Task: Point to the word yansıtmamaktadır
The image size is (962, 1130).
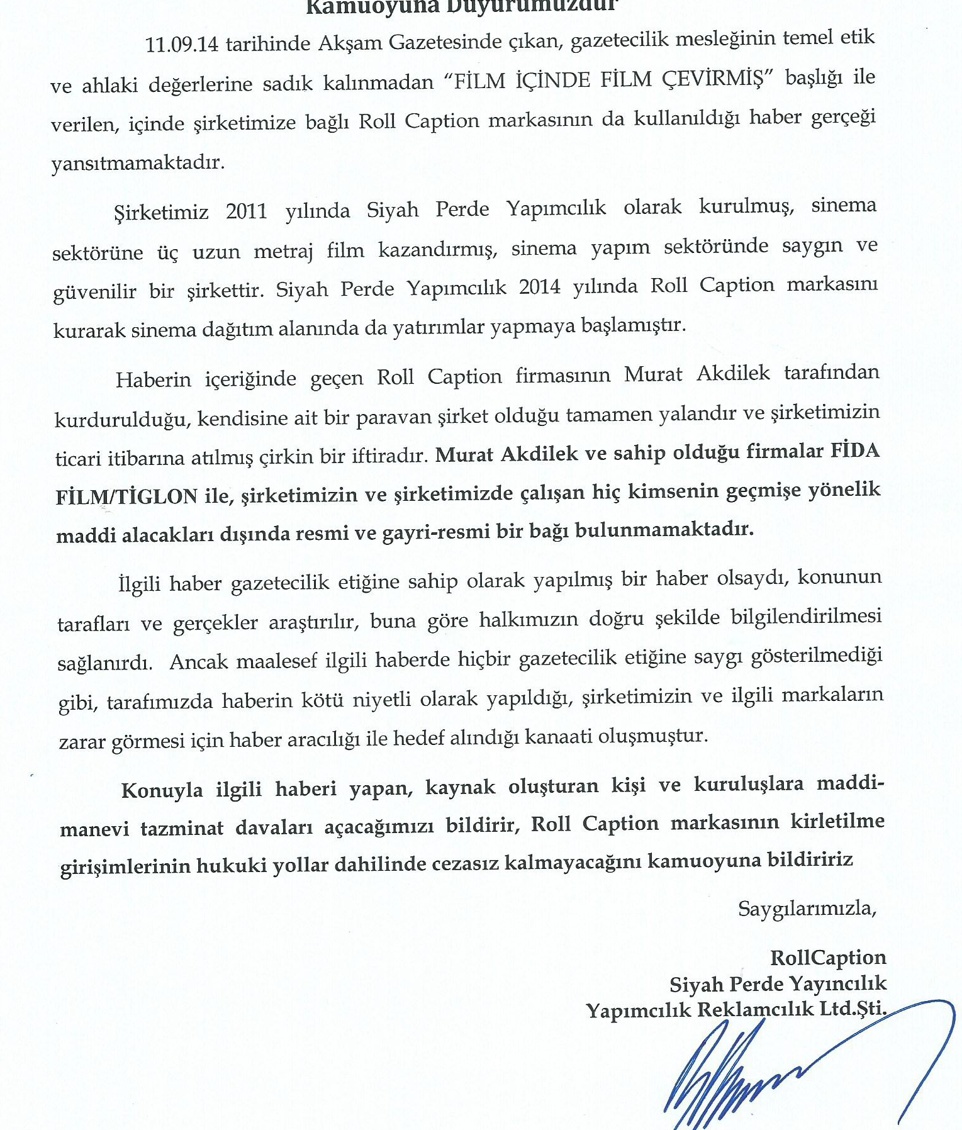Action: coord(138,163)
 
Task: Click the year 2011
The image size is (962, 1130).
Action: coord(246,210)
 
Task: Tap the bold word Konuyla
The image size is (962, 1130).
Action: coord(162,790)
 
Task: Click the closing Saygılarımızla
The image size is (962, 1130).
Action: coord(807,908)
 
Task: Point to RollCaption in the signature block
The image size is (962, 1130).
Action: coord(828,957)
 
